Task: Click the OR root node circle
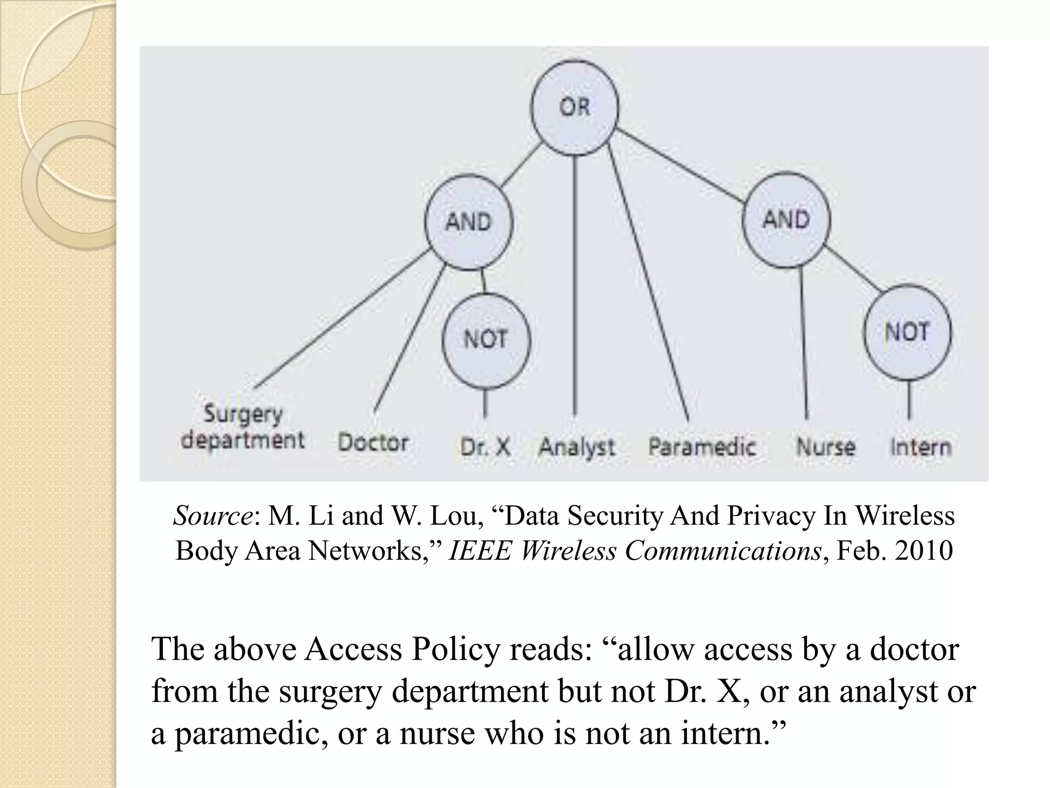575,108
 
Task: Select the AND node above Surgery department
469,222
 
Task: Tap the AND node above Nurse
786,220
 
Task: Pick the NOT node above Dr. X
486,339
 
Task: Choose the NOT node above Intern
907,332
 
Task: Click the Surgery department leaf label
243,427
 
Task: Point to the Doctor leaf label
373,442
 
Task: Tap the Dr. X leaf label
484,447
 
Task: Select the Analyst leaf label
576,447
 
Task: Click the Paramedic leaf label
702,446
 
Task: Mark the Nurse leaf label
825,447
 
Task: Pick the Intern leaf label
920,447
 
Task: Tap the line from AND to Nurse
803,344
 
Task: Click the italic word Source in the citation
212,516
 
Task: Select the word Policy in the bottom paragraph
456,649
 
